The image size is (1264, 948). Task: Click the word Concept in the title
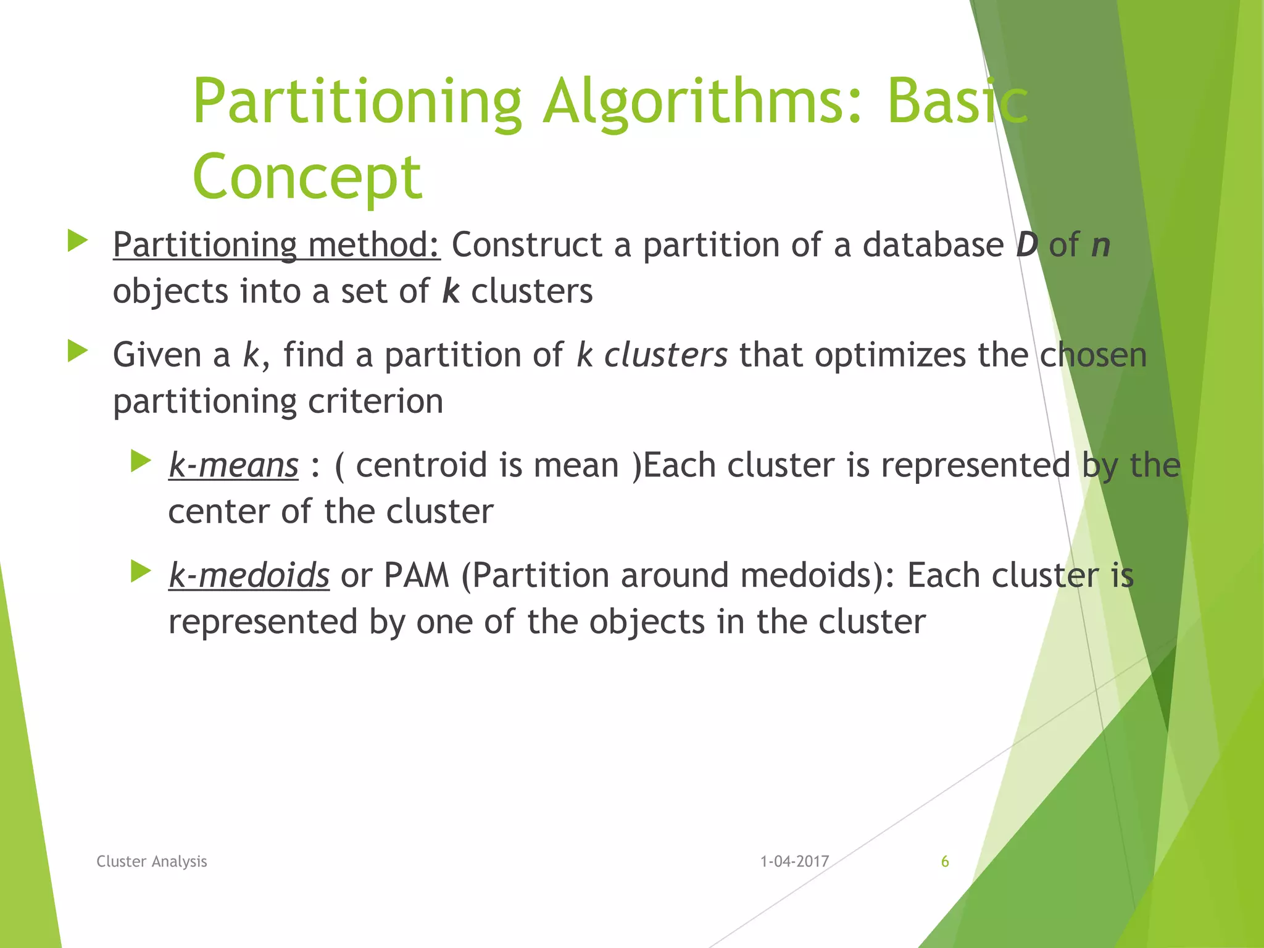click(x=307, y=178)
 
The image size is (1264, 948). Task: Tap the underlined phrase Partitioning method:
click(x=276, y=245)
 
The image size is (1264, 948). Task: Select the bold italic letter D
click(x=1027, y=245)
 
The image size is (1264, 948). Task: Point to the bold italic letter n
click(x=1100, y=245)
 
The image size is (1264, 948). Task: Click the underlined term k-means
click(x=233, y=465)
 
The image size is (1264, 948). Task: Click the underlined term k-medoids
click(x=249, y=575)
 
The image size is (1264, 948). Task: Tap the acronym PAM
click(x=416, y=575)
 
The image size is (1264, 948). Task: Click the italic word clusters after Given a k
click(x=665, y=355)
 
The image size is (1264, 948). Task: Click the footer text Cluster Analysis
click(x=152, y=862)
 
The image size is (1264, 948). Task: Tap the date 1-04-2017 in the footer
click(x=794, y=862)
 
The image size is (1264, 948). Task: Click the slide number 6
click(x=944, y=862)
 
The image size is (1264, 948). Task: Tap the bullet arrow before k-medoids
click(x=141, y=572)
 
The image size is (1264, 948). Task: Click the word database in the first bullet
click(x=933, y=245)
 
